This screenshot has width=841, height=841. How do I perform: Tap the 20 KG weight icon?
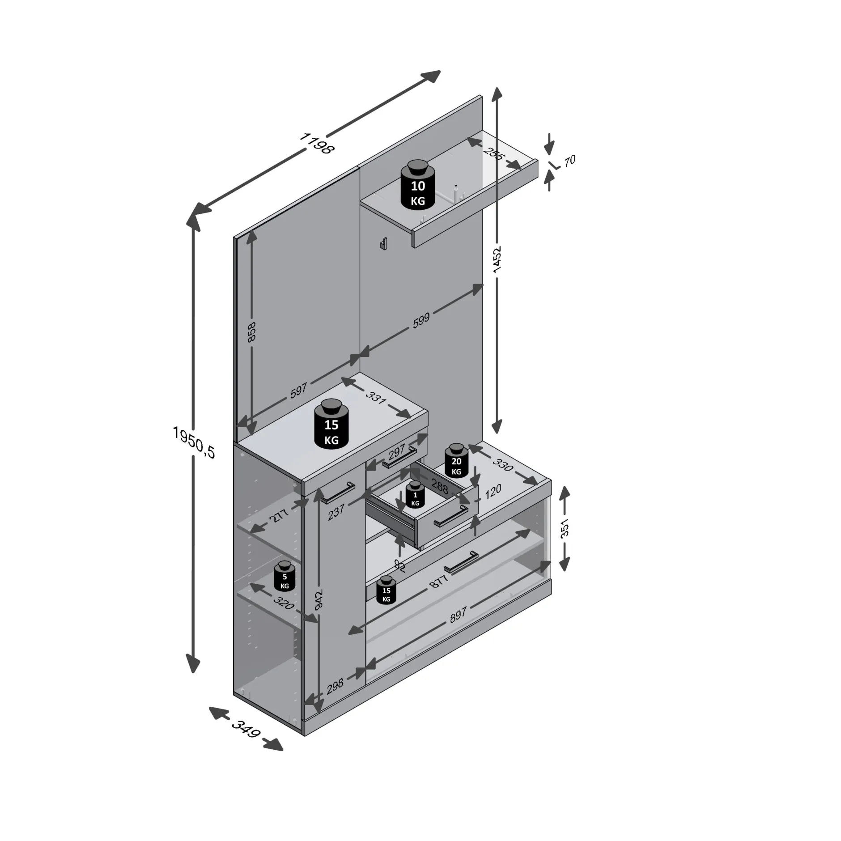pos(456,460)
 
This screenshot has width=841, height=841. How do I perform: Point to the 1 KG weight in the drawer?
pos(415,495)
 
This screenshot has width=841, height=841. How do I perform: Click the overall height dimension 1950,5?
pos(194,442)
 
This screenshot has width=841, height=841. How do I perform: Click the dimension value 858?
pos(251,332)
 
